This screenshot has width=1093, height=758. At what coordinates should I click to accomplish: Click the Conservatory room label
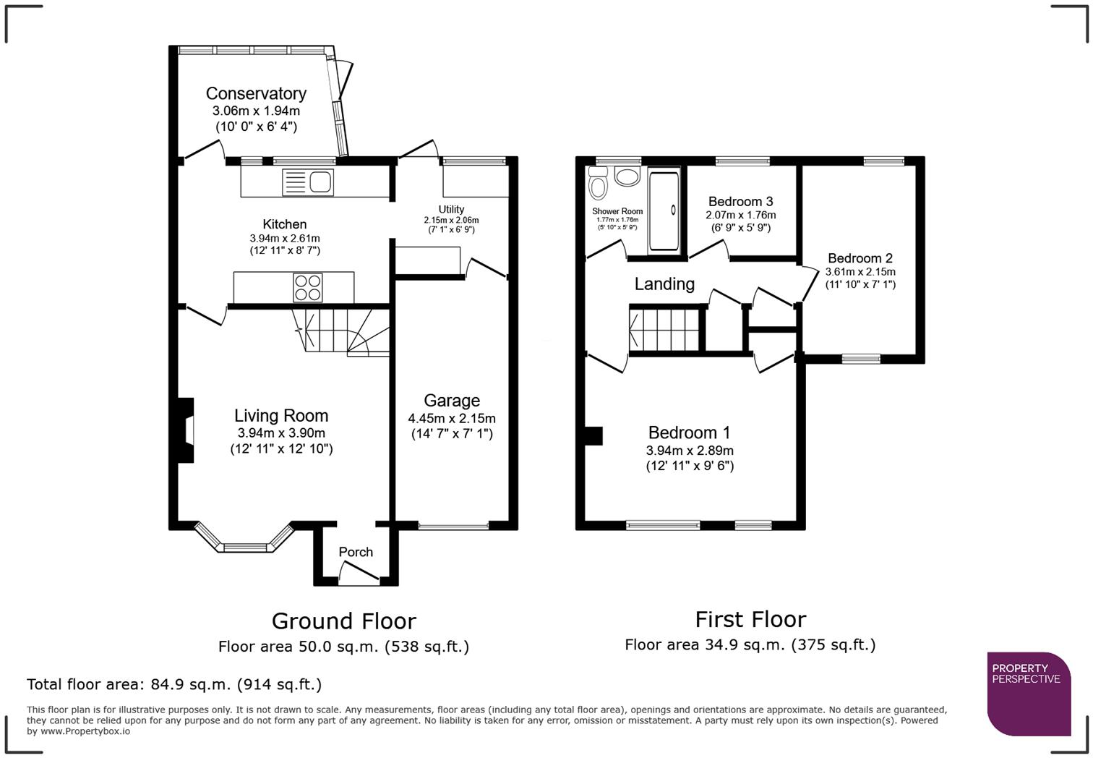[x=256, y=93]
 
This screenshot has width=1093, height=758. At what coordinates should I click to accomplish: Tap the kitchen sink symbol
[x=308, y=182]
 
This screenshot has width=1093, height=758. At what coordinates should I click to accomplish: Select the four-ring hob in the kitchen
[x=307, y=287]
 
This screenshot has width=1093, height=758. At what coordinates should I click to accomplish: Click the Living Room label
[x=281, y=416]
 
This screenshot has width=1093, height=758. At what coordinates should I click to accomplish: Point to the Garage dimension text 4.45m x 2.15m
[x=452, y=418]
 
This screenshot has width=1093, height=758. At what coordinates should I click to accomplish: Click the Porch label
[x=356, y=552]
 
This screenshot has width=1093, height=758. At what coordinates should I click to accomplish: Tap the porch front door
[x=359, y=575]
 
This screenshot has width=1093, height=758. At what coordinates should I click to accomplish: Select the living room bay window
[x=245, y=543]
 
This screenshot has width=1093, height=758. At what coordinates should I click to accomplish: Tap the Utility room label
[x=451, y=209]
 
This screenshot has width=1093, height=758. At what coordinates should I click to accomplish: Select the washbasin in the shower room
[x=627, y=176]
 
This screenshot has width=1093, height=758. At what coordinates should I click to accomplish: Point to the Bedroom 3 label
[x=740, y=201]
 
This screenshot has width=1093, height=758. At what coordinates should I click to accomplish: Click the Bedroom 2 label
[x=860, y=258]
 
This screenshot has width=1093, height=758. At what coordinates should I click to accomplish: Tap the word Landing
[x=664, y=284]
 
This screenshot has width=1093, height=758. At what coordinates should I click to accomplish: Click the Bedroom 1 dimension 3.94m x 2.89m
[x=690, y=450]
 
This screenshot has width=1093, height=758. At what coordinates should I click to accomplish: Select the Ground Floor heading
[x=343, y=621]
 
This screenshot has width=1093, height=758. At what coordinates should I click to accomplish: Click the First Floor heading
[x=750, y=619]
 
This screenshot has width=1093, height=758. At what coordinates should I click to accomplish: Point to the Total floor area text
[x=173, y=684]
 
